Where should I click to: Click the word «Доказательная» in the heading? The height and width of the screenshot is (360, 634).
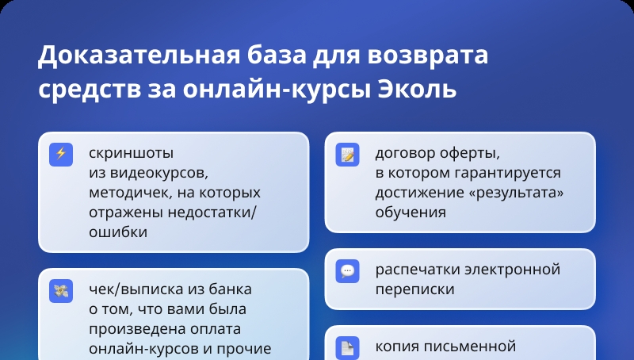(139, 55)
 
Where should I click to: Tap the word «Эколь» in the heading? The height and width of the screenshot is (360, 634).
(417, 90)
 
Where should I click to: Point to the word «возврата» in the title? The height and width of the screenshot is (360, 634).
(428, 56)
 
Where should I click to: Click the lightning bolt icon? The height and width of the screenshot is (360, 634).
(61, 154)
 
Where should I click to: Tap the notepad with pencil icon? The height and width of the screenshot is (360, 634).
(347, 154)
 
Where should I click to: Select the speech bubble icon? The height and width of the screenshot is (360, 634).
(347, 270)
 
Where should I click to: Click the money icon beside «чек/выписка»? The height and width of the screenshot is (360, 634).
(61, 291)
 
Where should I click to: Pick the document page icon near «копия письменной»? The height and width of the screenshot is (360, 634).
(347, 347)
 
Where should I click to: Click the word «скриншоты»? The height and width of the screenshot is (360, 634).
(131, 154)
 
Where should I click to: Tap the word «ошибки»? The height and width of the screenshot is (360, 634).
(118, 232)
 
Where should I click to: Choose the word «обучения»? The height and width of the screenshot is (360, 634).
(411, 213)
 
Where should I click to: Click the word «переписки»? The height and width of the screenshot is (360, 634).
(414, 289)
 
